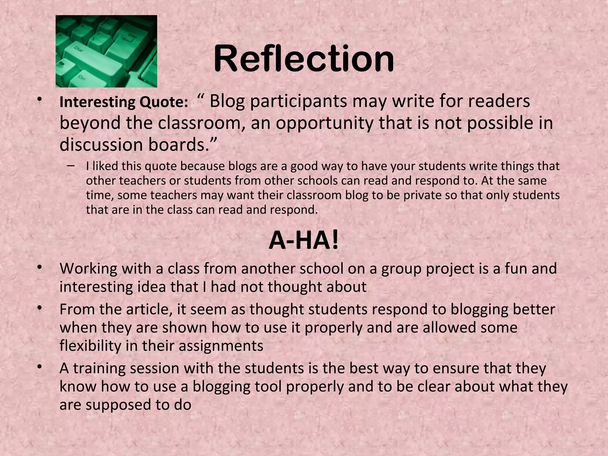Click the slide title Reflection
pyautogui.click(x=304, y=58)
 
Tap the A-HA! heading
pyautogui.click(x=303, y=241)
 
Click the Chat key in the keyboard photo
pyautogui.click(x=79, y=49)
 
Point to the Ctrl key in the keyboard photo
pyautogui.click(x=82, y=78)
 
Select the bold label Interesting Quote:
pyautogui.click(x=124, y=102)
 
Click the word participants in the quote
pyautogui.click(x=298, y=102)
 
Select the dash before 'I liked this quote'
pyautogui.click(x=71, y=166)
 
